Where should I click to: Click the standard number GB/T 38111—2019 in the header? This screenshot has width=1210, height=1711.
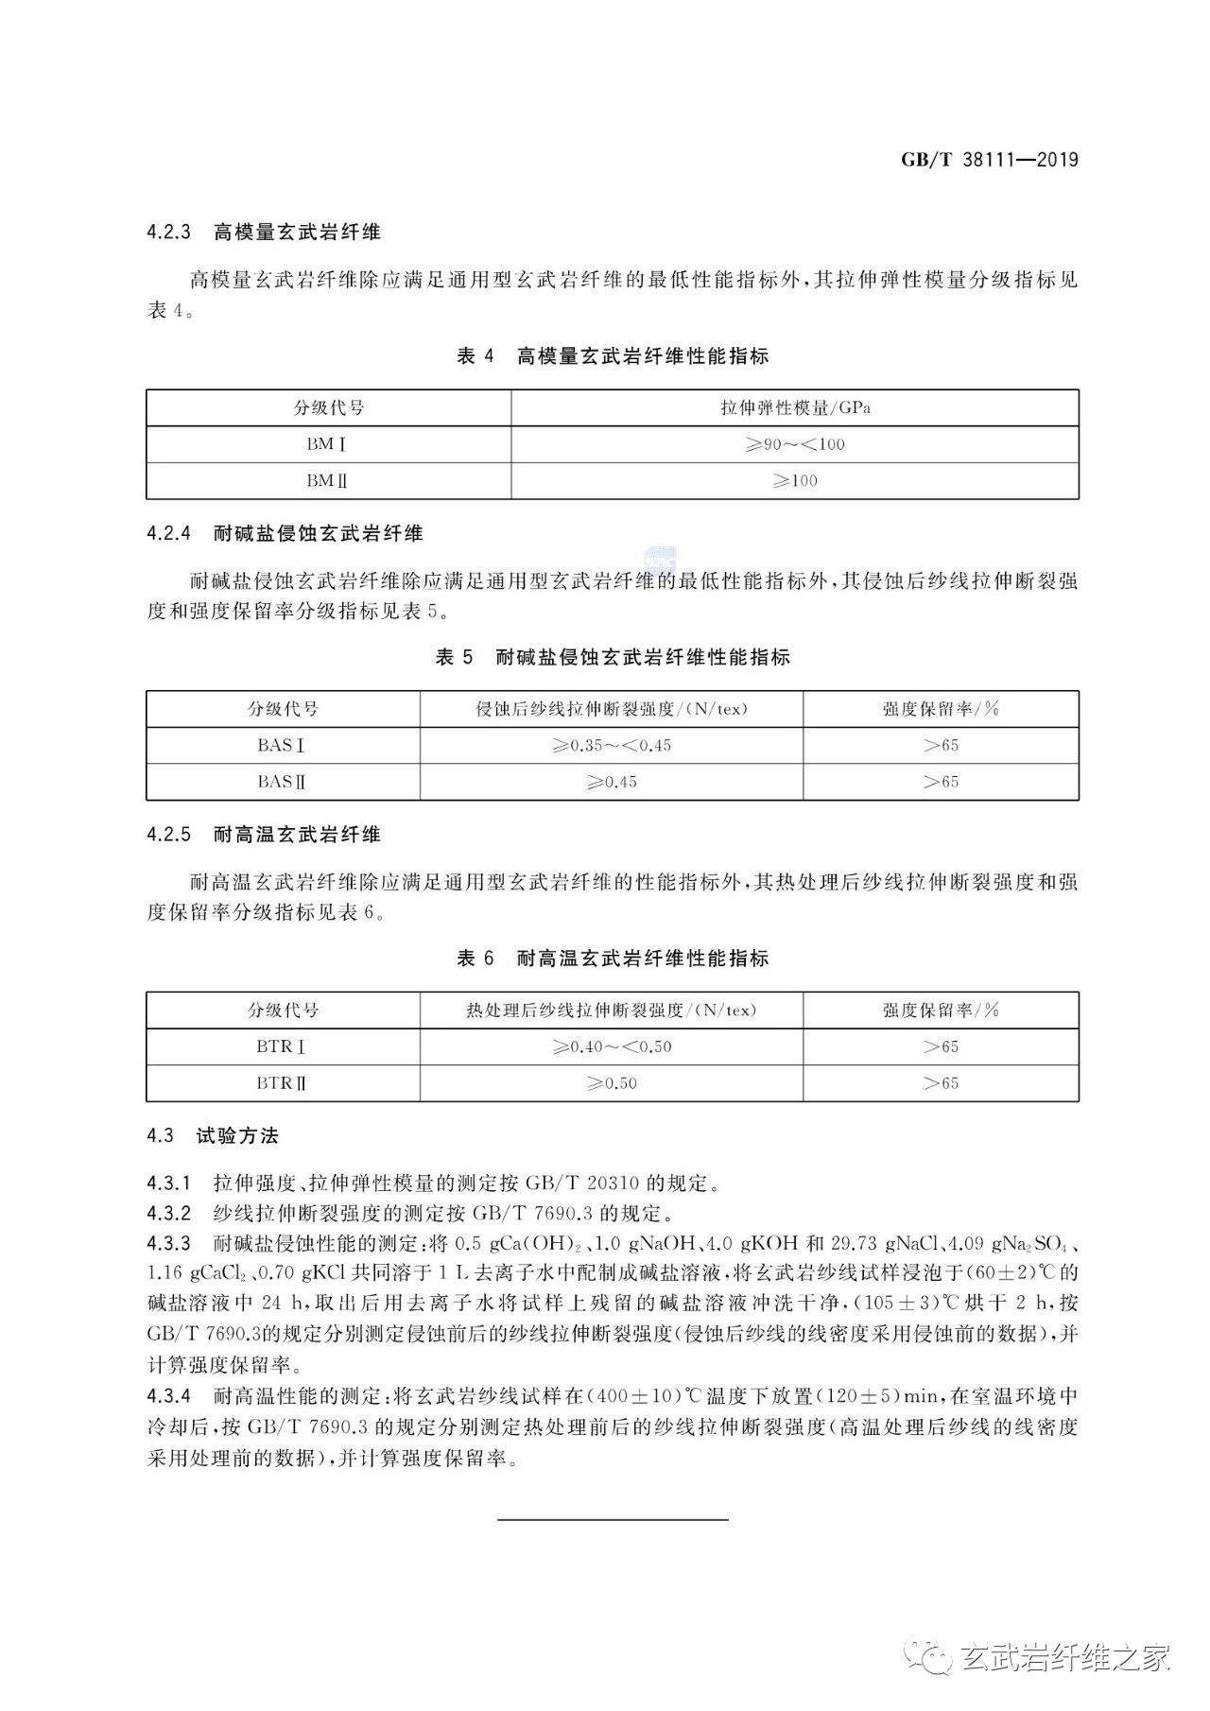pyautogui.click(x=989, y=160)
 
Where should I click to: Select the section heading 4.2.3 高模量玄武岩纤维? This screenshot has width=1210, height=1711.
pyautogui.click(x=264, y=233)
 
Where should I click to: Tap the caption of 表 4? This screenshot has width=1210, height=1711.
pyautogui.click(x=613, y=356)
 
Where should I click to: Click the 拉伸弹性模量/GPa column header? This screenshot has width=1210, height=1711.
pyautogui.click(x=795, y=408)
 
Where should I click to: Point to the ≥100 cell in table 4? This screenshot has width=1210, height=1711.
pyautogui.click(x=795, y=481)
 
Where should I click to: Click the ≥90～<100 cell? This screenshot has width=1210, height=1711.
pyautogui.click(x=795, y=444)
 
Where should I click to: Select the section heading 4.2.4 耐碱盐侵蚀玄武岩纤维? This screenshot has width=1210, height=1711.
pyautogui.click(x=285, y=534)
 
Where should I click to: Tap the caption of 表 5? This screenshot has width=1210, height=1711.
pyautogui.click(x=613, y=658)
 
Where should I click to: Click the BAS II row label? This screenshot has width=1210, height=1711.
pyautogui.click(x=283, y=782)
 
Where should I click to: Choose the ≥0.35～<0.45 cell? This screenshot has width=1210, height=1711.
pyautogui.click(x=612, y=746)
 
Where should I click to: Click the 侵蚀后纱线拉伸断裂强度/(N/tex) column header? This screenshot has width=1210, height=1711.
pyautogui.click(x=612, y=709)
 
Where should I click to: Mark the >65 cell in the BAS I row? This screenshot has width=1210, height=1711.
pyautogui.click(x=941, y=746)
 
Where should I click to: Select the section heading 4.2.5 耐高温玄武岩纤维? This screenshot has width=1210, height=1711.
pyautogui.click(x=264, y=835)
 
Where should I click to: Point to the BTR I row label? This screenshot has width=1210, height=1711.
pyautogui.click(x=283, y=1047)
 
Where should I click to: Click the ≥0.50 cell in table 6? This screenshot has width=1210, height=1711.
pyautogui.click(x=612, y=1083)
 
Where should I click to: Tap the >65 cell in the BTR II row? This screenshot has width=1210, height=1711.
pyautogui.click(x=941, y=1083)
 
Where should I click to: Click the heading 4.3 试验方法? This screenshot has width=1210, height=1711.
pyautogui.click(x=213, y=1136)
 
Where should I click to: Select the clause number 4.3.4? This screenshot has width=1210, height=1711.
pyautogui.click(x=169, y=1396)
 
